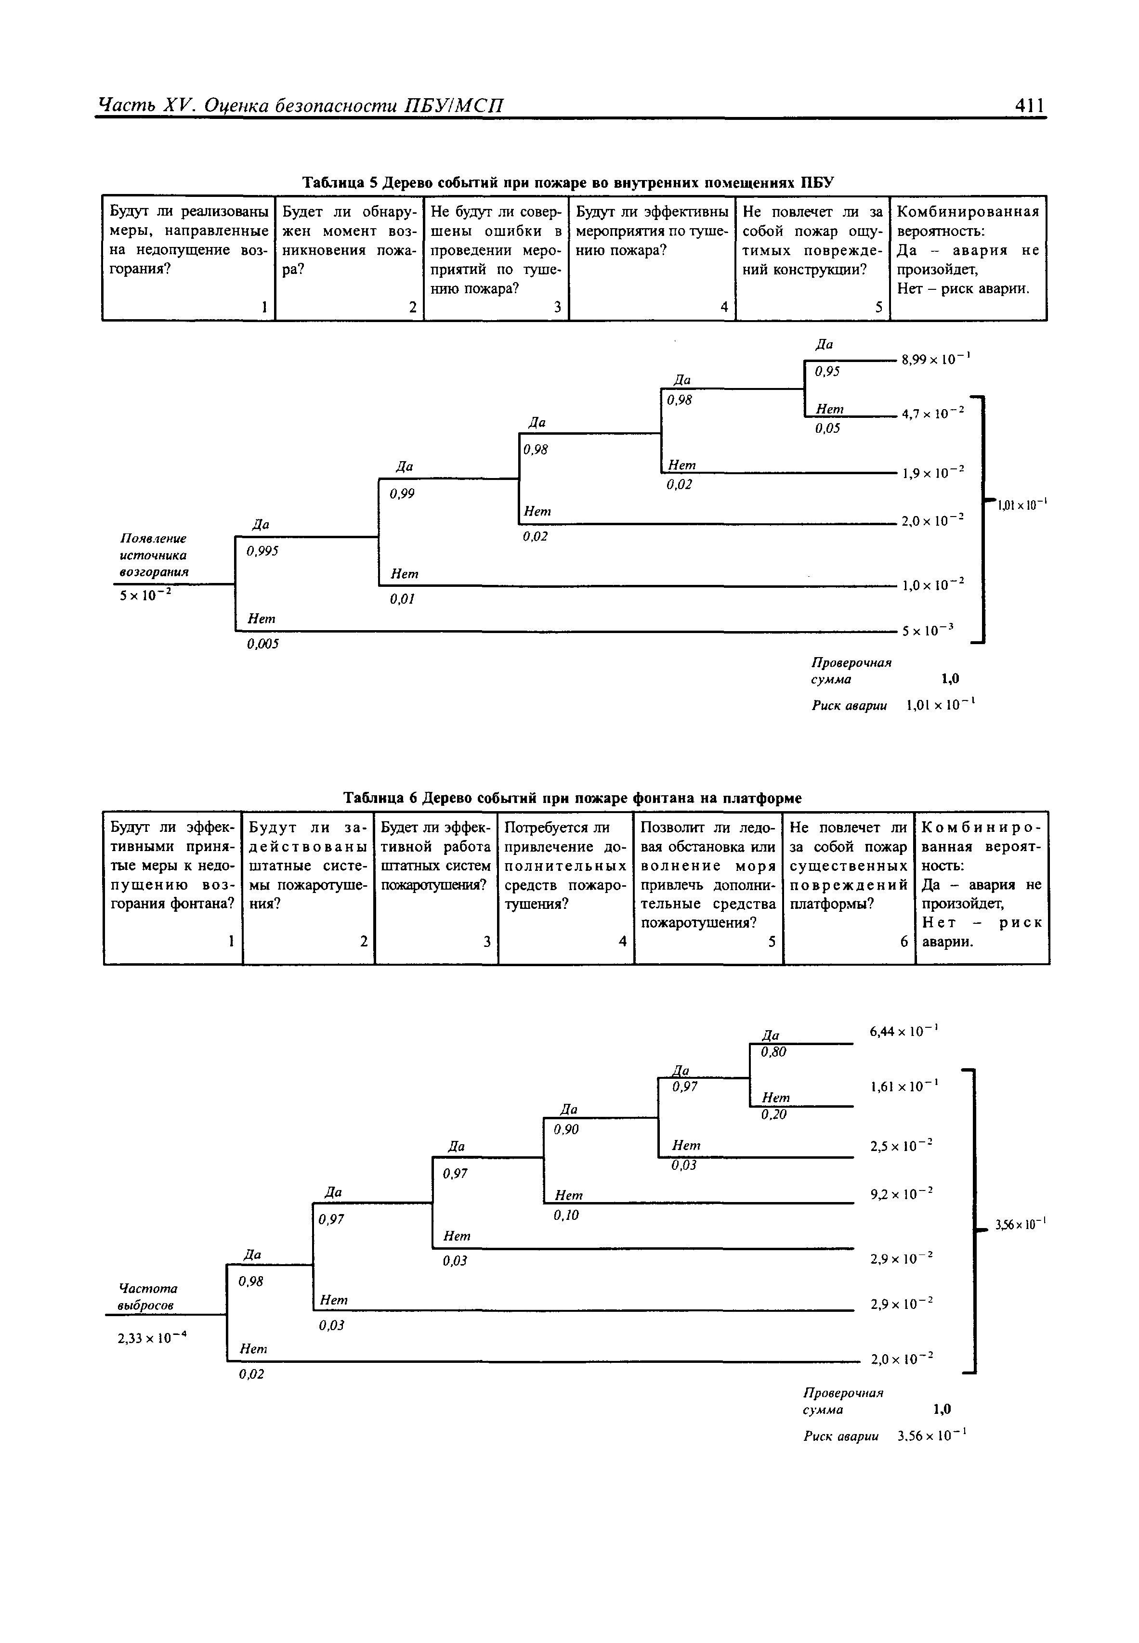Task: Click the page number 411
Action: click(x=1030, y=105)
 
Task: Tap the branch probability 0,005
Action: click(x=262, y=644)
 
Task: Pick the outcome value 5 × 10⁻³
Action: click(x=928, y=630)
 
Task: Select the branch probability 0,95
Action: click(x=827, y=372)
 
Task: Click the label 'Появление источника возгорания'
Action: click(x=154, y=555)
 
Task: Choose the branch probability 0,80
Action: click(x=773, y=1051)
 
